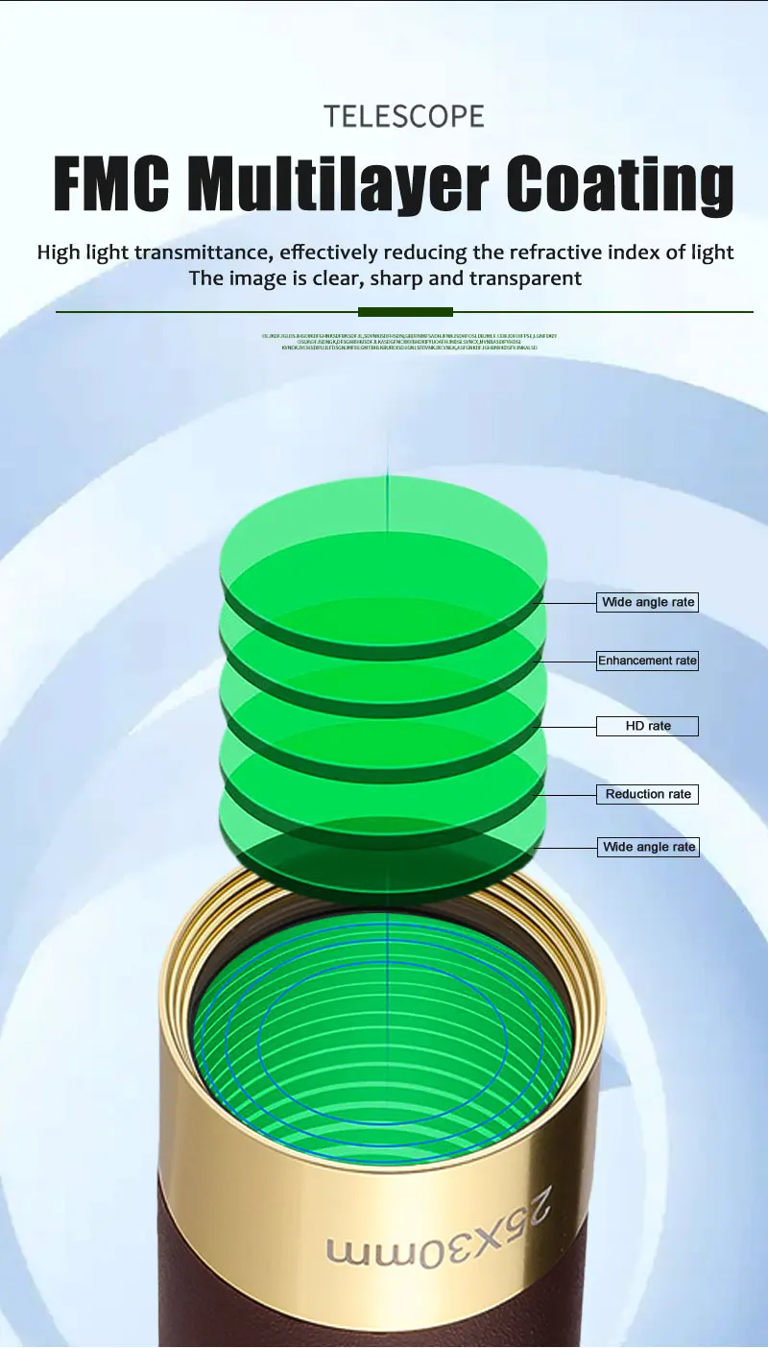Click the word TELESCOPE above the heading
pyautogui.click(x=404, y=116)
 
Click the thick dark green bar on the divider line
pyautogui.click(x=405, y=312)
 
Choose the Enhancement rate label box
pyautogui.click(x=647, y=661)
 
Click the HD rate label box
pyautogui.click(x=647, y=726)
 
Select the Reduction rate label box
pyautogui.click(x=647, y=794)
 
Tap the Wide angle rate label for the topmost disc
pyautogui.click(x=647, y=602)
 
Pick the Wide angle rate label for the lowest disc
pyautogui.click(x=647, y=847)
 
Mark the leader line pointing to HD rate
pyautogui.click(x=566, y=726)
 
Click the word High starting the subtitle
pyautogui.click(x=60, y=253)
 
